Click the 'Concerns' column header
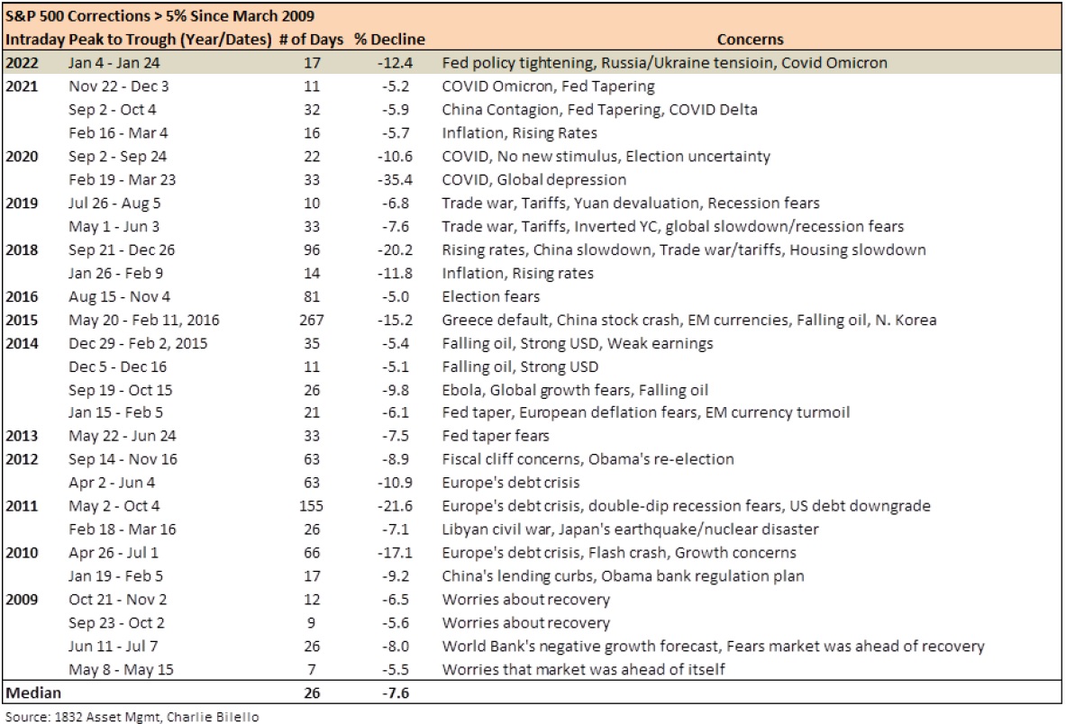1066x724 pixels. [750, 40]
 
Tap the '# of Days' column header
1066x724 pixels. [312, 40]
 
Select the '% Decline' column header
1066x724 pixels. [389, 40]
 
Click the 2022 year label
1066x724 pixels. [22, 63]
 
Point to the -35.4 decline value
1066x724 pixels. [395, 180]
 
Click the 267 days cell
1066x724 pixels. [312, 320]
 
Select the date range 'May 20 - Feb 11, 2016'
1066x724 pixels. [144, 320]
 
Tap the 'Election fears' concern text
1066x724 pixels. [491, 297]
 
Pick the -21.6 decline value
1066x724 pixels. [395, 506]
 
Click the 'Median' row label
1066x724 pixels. [33, 692]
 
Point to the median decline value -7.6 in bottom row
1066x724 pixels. [395, 692]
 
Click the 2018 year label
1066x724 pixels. [22, 250]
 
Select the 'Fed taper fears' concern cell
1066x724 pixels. [496, 436]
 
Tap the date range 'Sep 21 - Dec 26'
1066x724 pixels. [122, 250]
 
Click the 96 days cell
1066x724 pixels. [312, 250]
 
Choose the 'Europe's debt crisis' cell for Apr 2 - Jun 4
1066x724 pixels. [511, 483]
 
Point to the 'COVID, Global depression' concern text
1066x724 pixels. [534, 180]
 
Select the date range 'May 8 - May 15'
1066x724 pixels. [121, 670]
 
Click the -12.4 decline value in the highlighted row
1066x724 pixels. [395, 63]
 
